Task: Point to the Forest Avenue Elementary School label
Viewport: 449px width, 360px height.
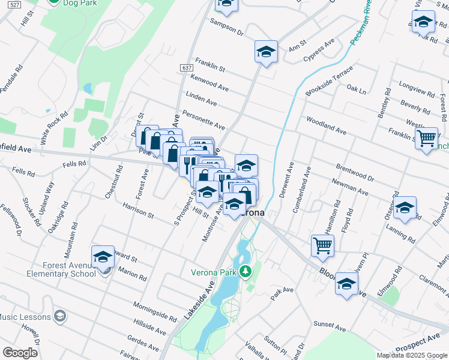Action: click(x=61, y=269)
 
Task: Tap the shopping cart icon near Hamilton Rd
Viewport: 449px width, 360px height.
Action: click(x=323, y=245)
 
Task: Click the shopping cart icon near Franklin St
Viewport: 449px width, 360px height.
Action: click(x=426, y=138)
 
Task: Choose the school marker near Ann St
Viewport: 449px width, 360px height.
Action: click(x=265, y=52)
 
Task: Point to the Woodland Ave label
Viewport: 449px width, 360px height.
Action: click(x=326, y=125)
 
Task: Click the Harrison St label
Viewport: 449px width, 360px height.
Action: click(x=138, y=211)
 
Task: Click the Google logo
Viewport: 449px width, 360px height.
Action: click(x=20, y=353)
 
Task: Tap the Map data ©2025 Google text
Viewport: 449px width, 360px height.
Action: click(x=411, y=355)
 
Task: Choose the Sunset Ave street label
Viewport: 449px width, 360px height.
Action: click(x=330, y=328)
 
